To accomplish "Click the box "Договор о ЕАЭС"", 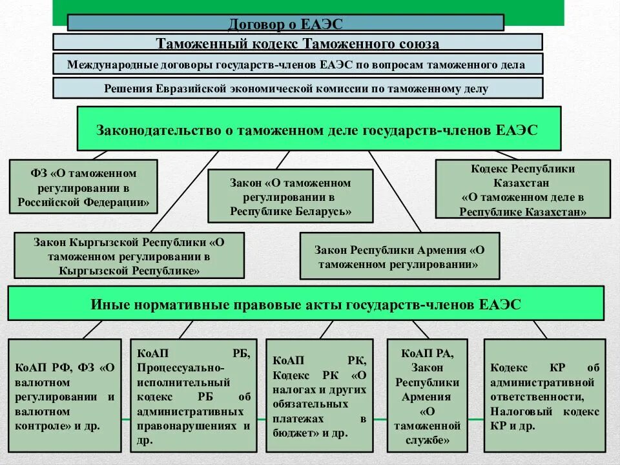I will (285, 23).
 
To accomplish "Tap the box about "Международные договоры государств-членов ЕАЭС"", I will (297, 64).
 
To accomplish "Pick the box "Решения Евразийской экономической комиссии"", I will (297, 88).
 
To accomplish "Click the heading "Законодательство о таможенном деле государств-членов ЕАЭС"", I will (316, 129).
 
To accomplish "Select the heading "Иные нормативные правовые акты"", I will (305, 304).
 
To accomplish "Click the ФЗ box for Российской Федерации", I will (84, 187).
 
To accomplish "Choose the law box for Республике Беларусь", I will (290, 196).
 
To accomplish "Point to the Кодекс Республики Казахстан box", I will (522, 189).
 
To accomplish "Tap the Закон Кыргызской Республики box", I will (129, 256).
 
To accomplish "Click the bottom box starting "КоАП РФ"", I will (64, 395).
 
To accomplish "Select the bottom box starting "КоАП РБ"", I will (193, 395).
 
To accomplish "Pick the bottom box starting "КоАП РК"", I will (319, 395).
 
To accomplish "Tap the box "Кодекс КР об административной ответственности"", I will (544, 395).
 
